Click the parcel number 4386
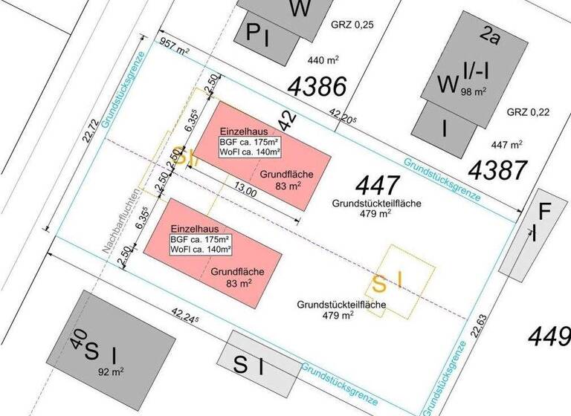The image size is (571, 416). (x=317, y=87)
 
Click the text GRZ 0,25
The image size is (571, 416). (x=352, y=25)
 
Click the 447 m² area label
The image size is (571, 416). (x=506, y=144)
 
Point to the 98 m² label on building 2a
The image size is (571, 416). (x=474, y=92)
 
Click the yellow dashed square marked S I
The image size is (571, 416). (x=399, y=282)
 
